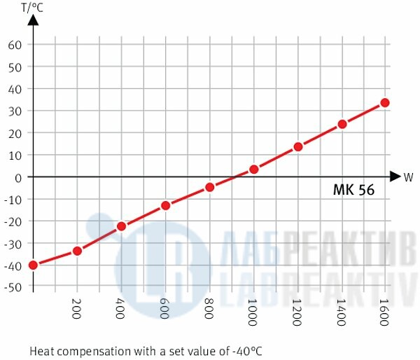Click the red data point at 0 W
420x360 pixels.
(x=33, y=265)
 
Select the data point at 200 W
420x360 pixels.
(x=77, y=250)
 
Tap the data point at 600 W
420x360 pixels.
(x=165, y=205)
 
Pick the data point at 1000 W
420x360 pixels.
(x=253, y=169)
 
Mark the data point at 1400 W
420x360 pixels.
(x=342, y=124)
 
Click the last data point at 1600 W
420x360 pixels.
(x=385, y=102)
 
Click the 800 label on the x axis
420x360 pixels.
(x=209, y=308)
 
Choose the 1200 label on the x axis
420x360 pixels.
(x=297, y=311)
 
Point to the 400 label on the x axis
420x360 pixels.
(x=121, y=308)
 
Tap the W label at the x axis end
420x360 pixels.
(x=408, y=177)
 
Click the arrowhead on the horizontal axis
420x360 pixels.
(x=395, y=176)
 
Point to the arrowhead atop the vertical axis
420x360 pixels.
(x=33, y=20)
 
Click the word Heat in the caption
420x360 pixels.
(x=42, y=349)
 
